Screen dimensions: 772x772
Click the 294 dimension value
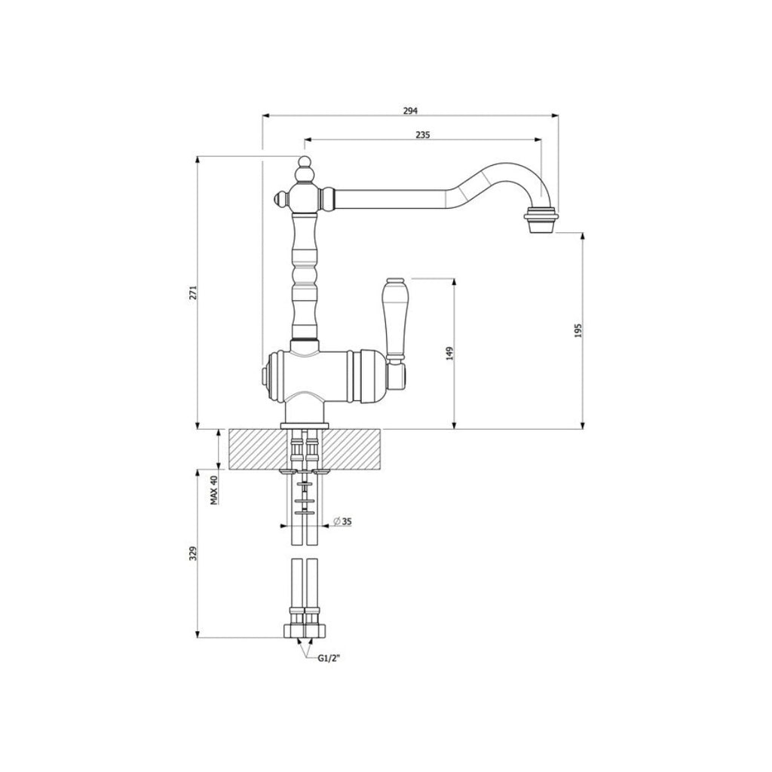tap(409, 111)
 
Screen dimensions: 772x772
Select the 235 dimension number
tap(422, 135)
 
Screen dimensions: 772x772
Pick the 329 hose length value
tap(192, 553)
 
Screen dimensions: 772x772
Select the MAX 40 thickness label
tap(214, 490)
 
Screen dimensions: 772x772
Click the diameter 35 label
tap(341, 522)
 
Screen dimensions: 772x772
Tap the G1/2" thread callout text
tap(329, 658)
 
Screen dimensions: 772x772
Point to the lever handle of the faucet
tap(394, 317)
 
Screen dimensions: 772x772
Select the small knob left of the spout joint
tap(278, 199)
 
